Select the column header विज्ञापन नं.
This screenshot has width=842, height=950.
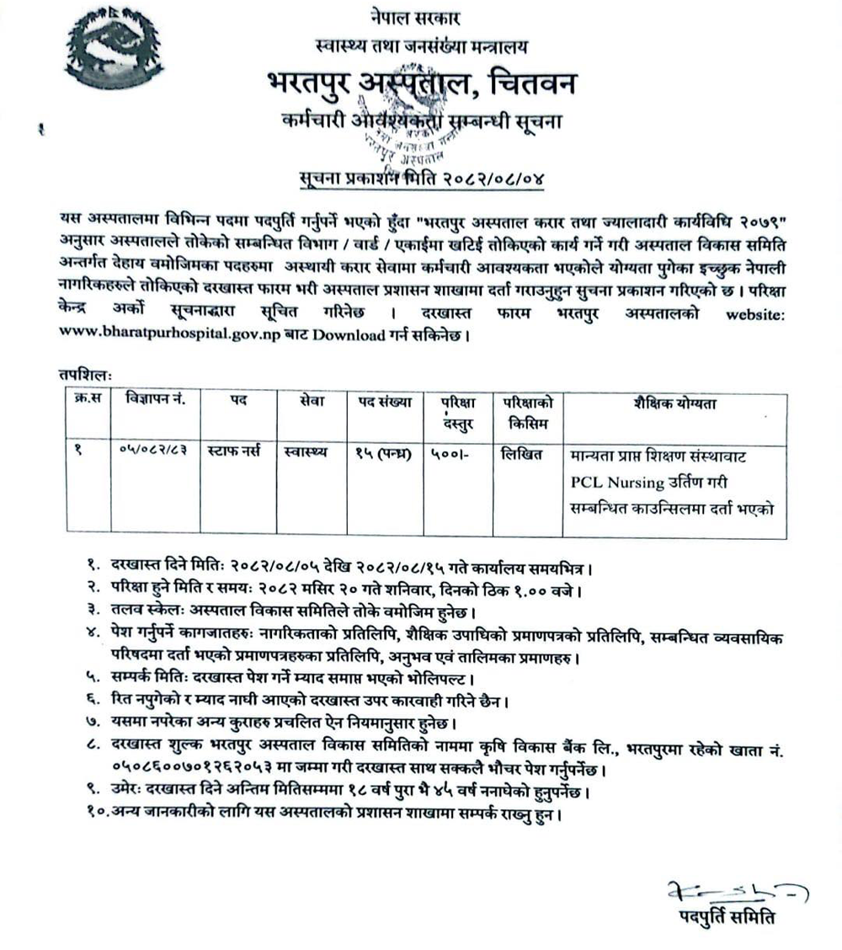point(154,402)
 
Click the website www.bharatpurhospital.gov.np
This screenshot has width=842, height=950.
point(173,336)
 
